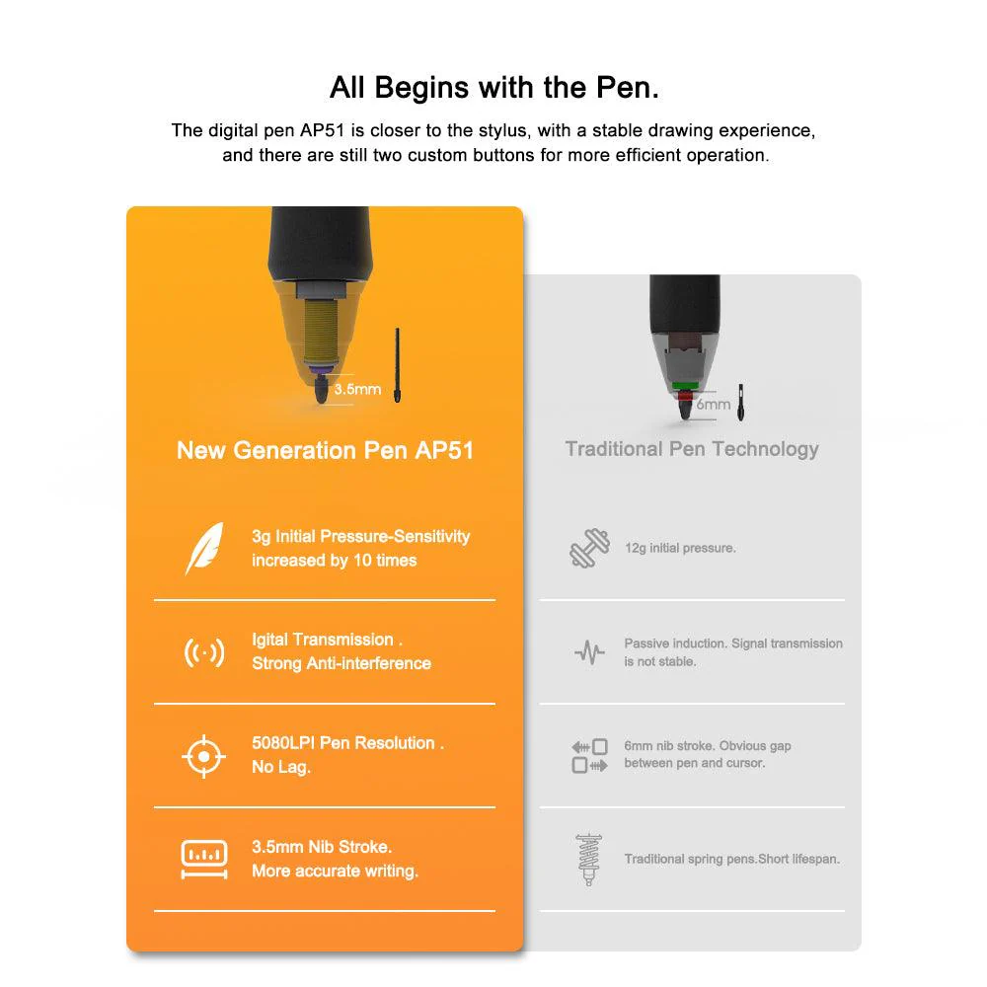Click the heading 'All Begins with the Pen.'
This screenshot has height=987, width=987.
click(x=493, y=87)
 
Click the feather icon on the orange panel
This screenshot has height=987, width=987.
click(x=204, y=549)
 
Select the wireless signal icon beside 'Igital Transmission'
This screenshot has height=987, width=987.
click(x=204, y=652)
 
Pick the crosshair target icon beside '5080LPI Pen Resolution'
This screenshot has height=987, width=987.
click(x=204, y=756)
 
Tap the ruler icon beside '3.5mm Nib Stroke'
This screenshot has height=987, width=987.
click(x=204, y=860)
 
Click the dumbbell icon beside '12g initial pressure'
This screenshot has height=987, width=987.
click(x=589, y=549)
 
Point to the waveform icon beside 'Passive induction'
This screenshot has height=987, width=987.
click(x=589, y=652)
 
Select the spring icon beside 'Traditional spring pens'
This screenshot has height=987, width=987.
click(x=589, y=860)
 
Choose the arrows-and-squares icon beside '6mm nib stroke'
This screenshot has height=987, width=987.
click(x=589, y=756)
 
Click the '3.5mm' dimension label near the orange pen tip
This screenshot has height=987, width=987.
click(x=357, y=389)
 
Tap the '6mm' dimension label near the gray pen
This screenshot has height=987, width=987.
click(x=714, y=404)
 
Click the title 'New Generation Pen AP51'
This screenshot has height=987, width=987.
click(x=325, y=451)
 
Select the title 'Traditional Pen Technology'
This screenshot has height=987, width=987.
click(x=692, y=449)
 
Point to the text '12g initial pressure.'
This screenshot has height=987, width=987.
click(x=680, y=548)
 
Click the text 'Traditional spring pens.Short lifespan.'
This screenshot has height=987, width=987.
click(x=731, y=859)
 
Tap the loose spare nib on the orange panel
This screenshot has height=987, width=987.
click(x=398, y=365)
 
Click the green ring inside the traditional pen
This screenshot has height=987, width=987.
click(x=685, y=385)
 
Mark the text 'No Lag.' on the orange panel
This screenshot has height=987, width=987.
click(x=281, y=767)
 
